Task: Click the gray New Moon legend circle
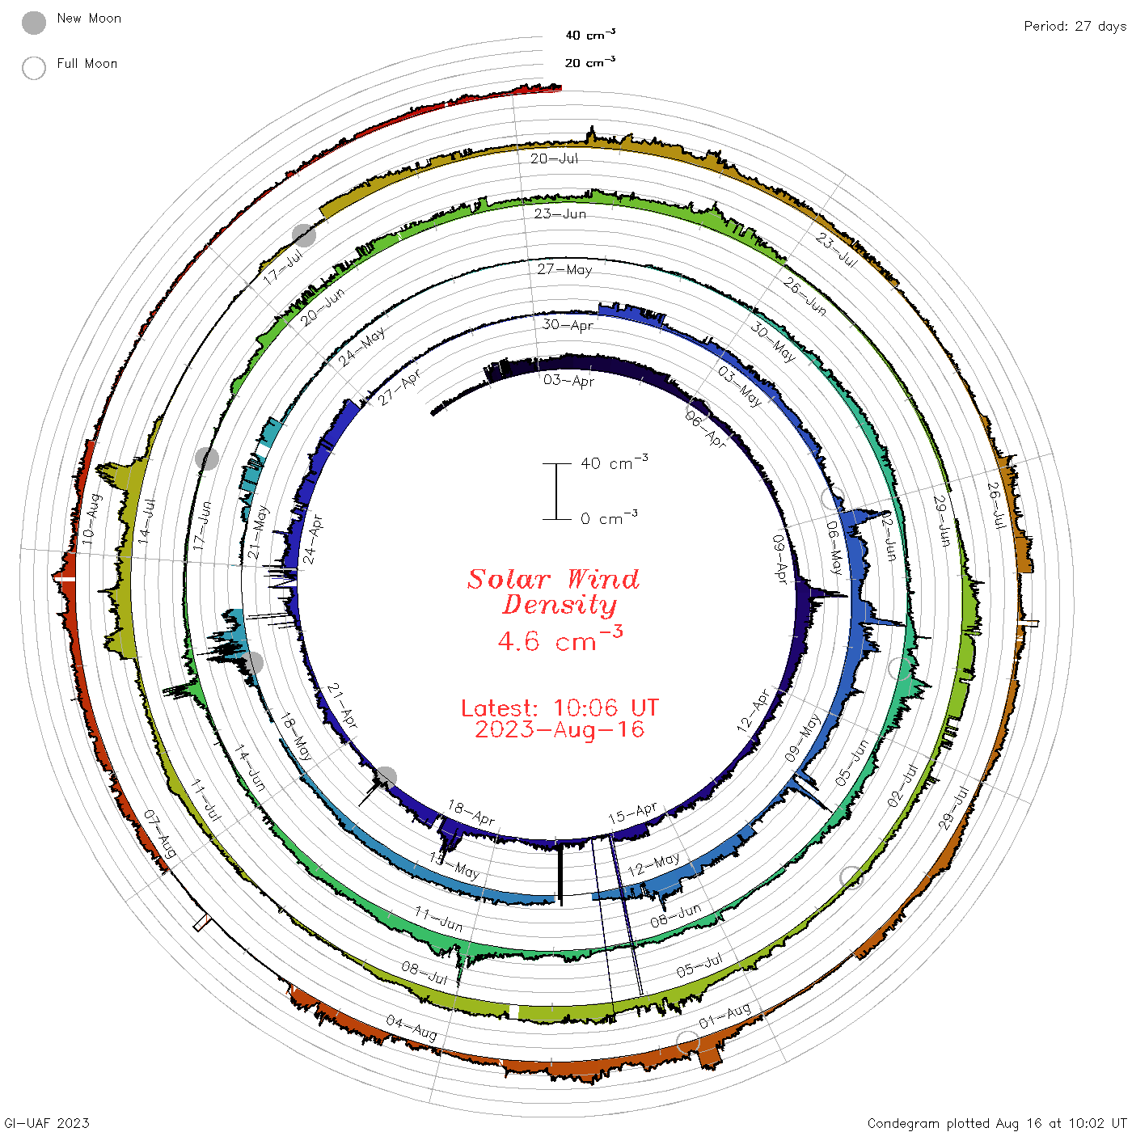(x=33, y=23)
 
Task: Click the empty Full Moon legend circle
(x=33, y=68)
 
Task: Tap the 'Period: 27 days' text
(x=1075, y=27)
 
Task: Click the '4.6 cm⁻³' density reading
(x=560, y=640)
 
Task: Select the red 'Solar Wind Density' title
(x=553, y=592)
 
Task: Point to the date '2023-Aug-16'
(x=560, y=729)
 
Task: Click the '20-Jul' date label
(x=554, y=158)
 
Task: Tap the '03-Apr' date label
(x=568, y=380)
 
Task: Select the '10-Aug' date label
(x=92, y=519)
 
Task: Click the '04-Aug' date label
(x=412, y=1028)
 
